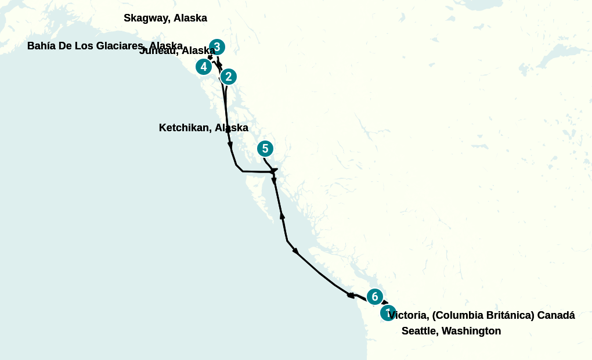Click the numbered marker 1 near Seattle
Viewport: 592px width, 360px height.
(x=388, y=313)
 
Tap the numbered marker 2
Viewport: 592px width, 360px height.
(x=229, y=76)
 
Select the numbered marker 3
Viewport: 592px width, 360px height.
(x=216, y=47)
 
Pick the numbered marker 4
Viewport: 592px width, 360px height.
(x=203, y=67)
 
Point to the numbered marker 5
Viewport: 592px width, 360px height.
(x=265, y=149)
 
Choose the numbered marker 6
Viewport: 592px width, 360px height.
(x=374, y=297)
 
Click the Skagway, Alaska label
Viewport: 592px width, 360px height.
(x=165, y=18)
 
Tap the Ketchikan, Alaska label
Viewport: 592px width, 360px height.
(x=203, y=128)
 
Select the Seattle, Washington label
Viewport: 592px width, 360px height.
(x=451, y=331)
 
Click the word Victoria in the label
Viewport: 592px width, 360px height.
(x=409, y=315)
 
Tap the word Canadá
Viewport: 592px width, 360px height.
(x=555, y=315)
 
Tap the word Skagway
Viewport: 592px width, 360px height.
(x=147, y=18)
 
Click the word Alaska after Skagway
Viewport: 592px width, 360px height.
(x=190, y=18)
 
